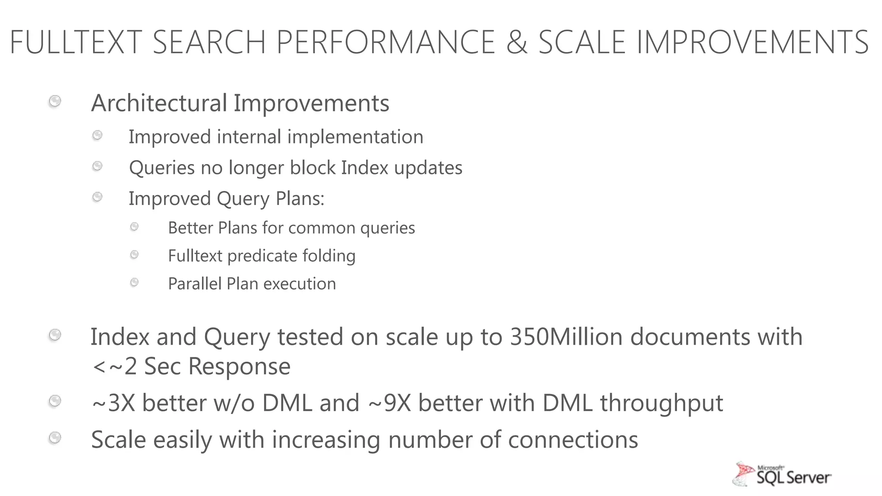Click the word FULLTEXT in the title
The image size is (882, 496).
pos(76,42)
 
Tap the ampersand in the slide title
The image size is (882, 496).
pos(516,42)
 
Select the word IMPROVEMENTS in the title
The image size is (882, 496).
pos(752,42)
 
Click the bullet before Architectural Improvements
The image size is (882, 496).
pos(55,102)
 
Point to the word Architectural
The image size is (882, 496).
pos(159,103)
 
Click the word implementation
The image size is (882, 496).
pos(355,137)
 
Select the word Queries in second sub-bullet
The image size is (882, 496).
pos(162,168)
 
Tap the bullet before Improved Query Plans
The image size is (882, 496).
pos(98,197)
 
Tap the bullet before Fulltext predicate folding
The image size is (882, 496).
pos(134,255)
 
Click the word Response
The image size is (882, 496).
pos(239,366)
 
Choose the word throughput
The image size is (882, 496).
pos(661,403)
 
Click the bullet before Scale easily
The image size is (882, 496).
pos(55,438)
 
